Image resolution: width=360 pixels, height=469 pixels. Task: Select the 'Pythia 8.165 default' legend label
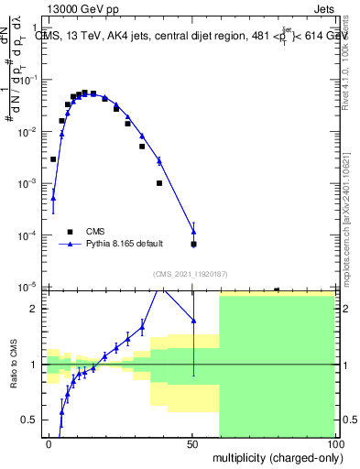125,244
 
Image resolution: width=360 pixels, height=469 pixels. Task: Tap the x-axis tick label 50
193,442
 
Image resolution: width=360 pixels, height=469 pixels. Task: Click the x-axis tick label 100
336,442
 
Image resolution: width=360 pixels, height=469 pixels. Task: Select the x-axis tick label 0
49,442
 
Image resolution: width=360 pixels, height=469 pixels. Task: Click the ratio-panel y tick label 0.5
28,420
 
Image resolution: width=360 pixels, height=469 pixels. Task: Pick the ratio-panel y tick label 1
33,365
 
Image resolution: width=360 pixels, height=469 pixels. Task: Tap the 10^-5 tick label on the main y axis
27,287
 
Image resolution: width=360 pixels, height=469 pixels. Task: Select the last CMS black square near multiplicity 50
193,245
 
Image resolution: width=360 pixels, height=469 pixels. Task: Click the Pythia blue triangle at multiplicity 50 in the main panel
193,230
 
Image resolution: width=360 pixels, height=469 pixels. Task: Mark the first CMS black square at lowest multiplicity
53,159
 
